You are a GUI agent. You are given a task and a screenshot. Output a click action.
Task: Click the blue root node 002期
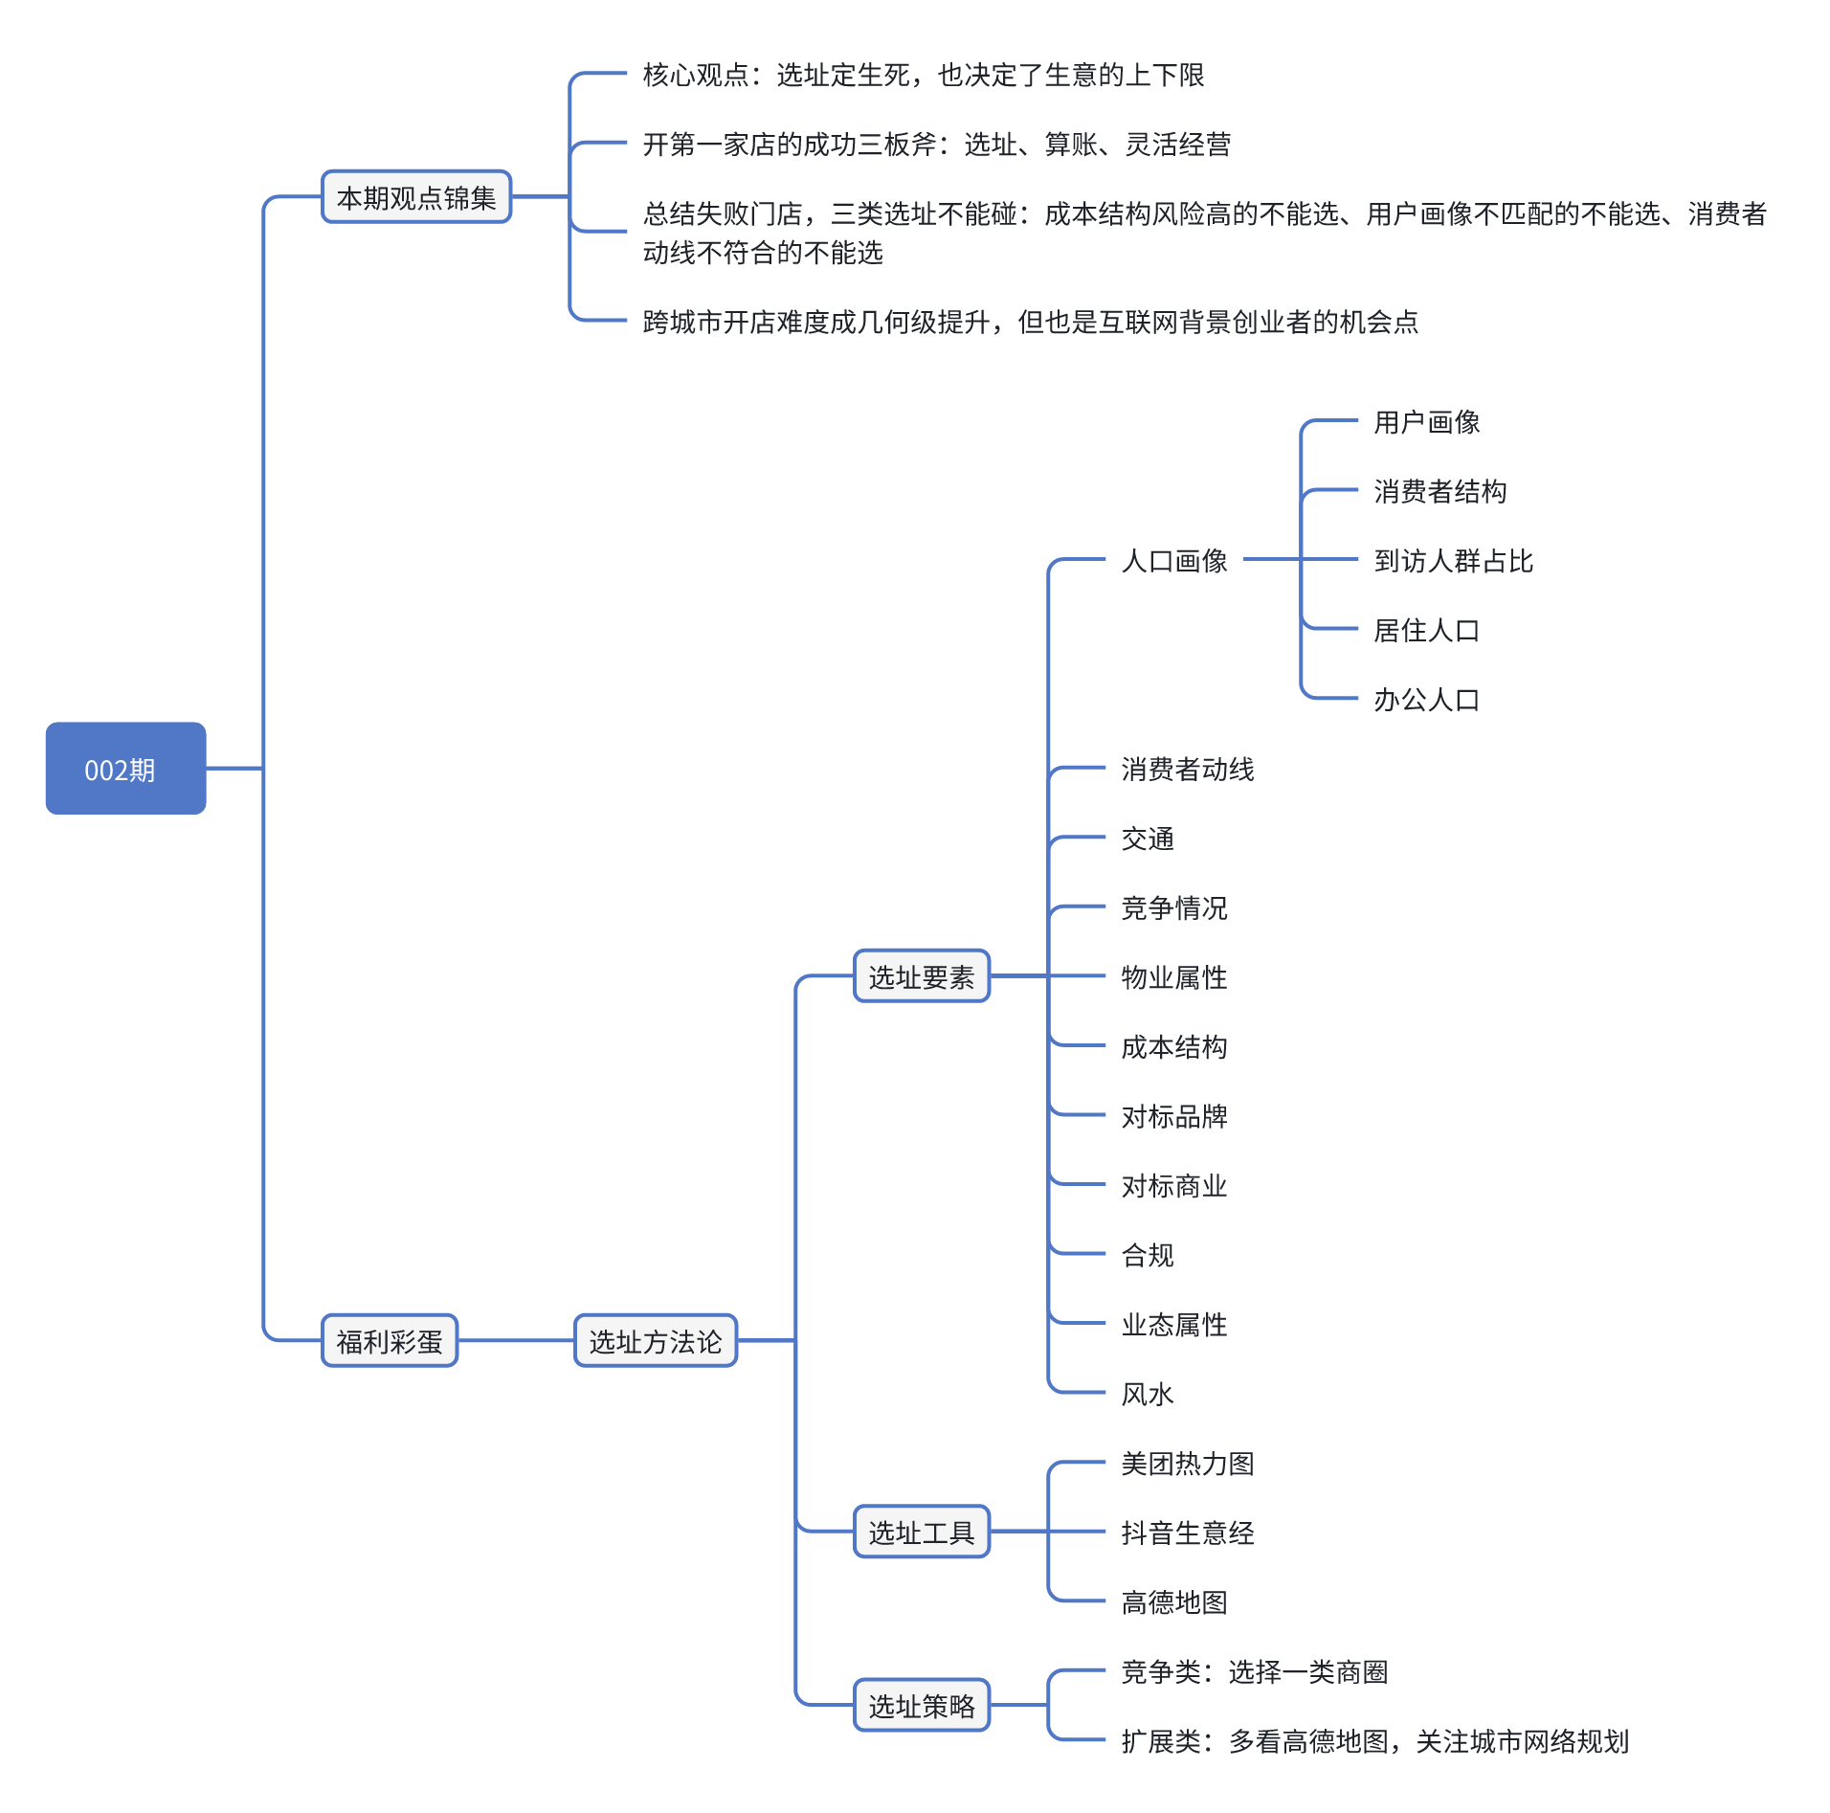click(x=125, y=769)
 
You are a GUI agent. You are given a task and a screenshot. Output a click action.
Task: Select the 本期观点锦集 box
click(x=416, y=197)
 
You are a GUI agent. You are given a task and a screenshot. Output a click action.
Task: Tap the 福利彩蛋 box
click(x=390, y=1341)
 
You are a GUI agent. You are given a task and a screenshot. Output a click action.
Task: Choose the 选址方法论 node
click(x=656, y=1341)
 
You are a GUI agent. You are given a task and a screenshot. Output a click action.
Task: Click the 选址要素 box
click(x=921, y=976)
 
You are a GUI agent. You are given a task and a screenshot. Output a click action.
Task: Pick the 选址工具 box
click(x=921, y=1533)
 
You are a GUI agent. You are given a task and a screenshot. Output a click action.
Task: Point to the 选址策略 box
click(x=921, y=1706)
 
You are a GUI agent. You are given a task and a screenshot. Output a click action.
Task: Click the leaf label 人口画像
click(x=1174, y=560)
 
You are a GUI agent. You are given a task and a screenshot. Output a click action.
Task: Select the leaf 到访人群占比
click(x=1453, y=560)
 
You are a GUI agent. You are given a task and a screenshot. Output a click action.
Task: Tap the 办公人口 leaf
click(x=1426, y=700)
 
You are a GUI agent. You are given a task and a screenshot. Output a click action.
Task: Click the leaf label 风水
click(x=1148, y=1394)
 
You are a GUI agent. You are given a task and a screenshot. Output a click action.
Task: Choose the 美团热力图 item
click(x=1188, y=1464)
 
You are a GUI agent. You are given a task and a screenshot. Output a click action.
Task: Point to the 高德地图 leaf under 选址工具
click(x=1174, y=1602)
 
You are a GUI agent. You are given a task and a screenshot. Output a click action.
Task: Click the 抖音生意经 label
click(x=1188, y=1533)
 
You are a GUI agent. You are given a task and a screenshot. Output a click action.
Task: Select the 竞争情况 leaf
click(x=1174, y=907)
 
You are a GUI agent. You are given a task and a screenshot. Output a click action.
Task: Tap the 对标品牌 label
click(x=1174, y=1116)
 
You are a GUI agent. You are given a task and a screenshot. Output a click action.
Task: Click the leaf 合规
click(x=1148, y=1255)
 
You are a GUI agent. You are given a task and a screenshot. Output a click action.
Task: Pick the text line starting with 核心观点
click(x=924, y=75)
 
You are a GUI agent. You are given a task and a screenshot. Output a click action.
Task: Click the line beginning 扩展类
click(x=1374, y=1741)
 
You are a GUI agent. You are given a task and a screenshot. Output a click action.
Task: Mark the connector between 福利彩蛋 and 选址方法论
click(x=516, y=1341)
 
